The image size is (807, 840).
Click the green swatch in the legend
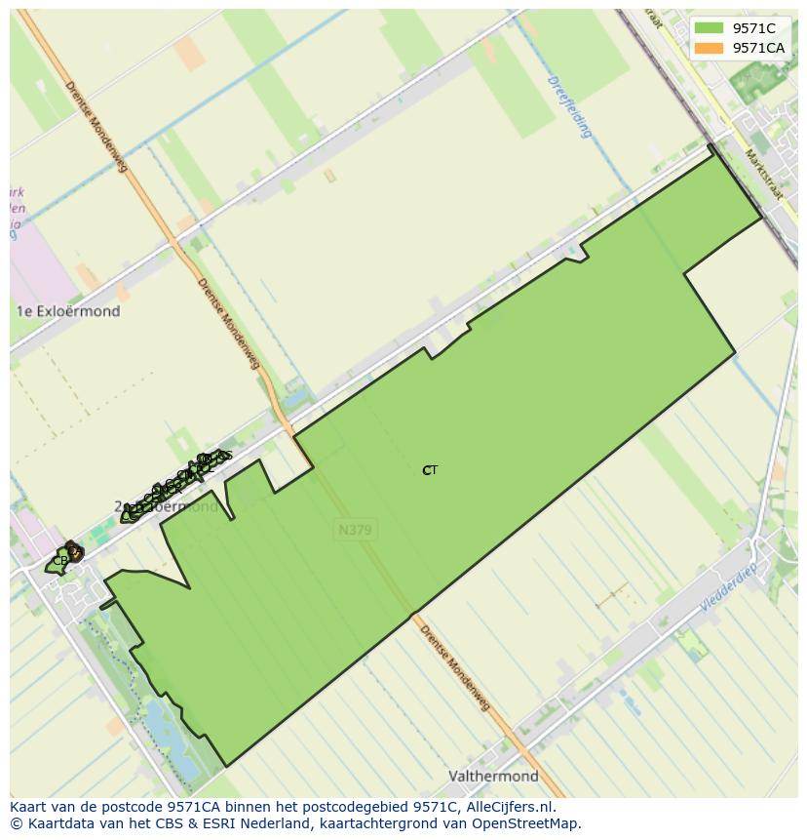(x=709, y=28)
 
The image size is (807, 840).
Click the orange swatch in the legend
(x=709, y=48)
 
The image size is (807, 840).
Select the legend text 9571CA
(x=758, y=48)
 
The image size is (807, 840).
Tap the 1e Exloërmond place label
(x=68, y=311)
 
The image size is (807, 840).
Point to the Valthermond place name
(x=493, y=777)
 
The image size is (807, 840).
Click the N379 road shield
(x=355, y=530)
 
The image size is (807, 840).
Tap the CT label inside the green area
(x=430, y=470)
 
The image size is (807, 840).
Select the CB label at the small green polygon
(x=59, y=561)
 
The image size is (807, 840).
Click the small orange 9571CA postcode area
(x=74, y=552)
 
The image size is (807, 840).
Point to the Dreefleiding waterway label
(x=570, y=107)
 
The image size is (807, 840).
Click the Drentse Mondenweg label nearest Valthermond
(x=453, y=668)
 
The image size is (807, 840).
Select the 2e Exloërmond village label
(x=167, y=507)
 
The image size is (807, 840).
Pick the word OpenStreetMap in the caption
(x=525, y=823)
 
